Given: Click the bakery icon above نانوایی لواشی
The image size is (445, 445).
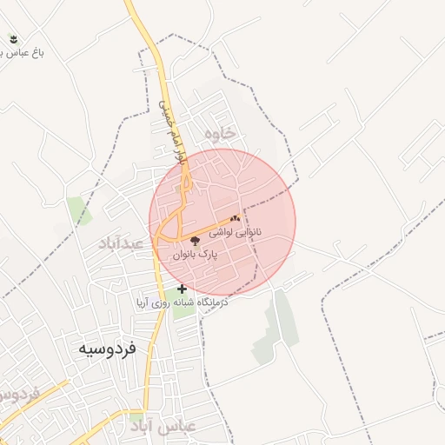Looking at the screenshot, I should pos(235,218).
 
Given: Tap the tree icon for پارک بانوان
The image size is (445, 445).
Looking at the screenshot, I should pos(194,241).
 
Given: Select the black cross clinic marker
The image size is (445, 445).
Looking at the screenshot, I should pos(182,289).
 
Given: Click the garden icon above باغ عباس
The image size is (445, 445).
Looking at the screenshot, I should pos(12,38).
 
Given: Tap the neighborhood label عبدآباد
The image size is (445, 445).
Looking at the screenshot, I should pos(120,243).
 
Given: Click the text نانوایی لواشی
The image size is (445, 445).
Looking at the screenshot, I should pos(254,234).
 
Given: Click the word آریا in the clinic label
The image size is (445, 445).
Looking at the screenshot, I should pos(145,303).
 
